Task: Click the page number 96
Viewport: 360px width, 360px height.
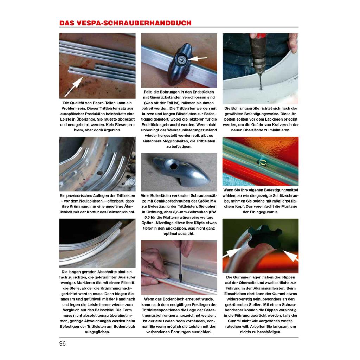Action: [x=63, y=343]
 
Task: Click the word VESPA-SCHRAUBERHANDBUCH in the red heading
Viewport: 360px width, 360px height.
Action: [x=134, y=23]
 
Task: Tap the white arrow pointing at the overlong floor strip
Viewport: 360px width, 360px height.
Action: [x=73, y=87]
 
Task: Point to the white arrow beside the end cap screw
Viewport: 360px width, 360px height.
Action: [x=197, y=58]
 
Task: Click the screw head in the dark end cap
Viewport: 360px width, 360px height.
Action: [x=181, y=60]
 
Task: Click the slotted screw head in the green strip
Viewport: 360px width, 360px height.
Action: [x=261, y=162]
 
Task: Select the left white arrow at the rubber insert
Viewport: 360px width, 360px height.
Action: [x=232, y=254]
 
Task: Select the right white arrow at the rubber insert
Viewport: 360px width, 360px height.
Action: [x=290, y=256]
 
